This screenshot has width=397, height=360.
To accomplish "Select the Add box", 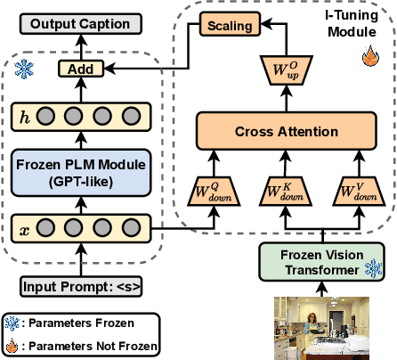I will [81, 68].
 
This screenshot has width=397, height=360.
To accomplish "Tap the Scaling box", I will [230, 26].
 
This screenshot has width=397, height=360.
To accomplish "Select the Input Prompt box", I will [80, 287].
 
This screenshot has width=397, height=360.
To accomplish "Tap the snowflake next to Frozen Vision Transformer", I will [376, 268].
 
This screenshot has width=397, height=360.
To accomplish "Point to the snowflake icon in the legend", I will [13, 323].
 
